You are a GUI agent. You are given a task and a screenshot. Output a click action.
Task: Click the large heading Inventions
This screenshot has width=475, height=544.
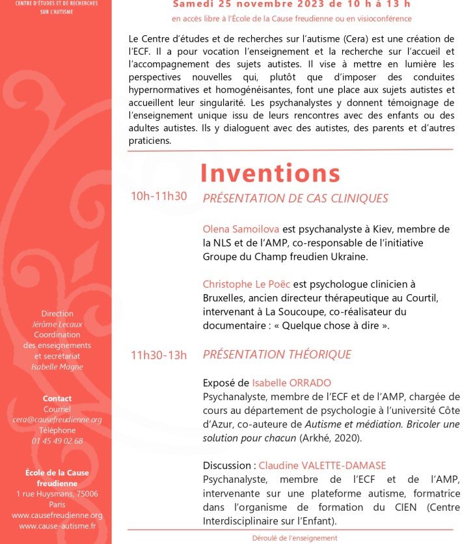pyautogui.click(x=270, y=173)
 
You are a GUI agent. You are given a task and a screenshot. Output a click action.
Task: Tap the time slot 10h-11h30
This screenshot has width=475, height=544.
pyautogui.click(x=159, y=197)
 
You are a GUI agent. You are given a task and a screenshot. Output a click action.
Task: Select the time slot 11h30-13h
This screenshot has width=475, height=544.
pyautogui.click(x=159, y=355)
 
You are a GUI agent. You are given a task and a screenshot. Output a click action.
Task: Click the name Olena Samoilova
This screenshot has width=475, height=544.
pyautogui.click(x=240, y=229)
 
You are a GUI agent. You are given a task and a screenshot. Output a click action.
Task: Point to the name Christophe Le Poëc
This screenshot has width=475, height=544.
pyautogui.click(x=247, y=284)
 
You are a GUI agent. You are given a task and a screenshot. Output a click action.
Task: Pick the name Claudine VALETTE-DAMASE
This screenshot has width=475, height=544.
pyautogui.click(x=322, y=465)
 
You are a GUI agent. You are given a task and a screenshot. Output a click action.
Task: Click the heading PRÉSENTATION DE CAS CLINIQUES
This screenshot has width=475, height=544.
pyautogui.click(x=295, y=198)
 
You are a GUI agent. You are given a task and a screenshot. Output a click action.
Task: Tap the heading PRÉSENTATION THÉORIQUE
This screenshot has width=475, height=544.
pyautogui.click(x=277, y=355)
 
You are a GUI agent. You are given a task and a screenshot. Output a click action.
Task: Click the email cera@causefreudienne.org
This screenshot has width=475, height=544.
pyautogui.click(x=57, y=420)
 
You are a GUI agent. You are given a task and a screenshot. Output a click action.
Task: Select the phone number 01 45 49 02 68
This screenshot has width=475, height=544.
pyautogui.click(x=57, y=441)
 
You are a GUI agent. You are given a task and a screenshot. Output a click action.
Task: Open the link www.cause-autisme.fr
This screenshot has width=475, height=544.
pyautogui.click(x=57, y=526)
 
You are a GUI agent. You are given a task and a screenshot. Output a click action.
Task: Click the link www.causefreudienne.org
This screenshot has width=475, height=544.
pyautogui.click(x=57, y=515)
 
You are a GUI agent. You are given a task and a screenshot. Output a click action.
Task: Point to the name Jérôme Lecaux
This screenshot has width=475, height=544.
pyautogui.click(x=57, y=324)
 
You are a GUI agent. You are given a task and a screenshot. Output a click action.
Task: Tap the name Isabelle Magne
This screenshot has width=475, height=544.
pyautogui.click(x=57, y=366)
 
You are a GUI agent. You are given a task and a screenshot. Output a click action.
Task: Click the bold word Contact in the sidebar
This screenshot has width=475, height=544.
pyautogui.click(x=57, y=398)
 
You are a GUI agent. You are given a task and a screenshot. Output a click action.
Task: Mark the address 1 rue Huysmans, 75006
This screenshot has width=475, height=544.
pyautogui.click(x=57, y=494)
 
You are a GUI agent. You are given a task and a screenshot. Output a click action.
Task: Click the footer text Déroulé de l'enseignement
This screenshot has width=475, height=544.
pyautogui.click(x=295, y=538)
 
